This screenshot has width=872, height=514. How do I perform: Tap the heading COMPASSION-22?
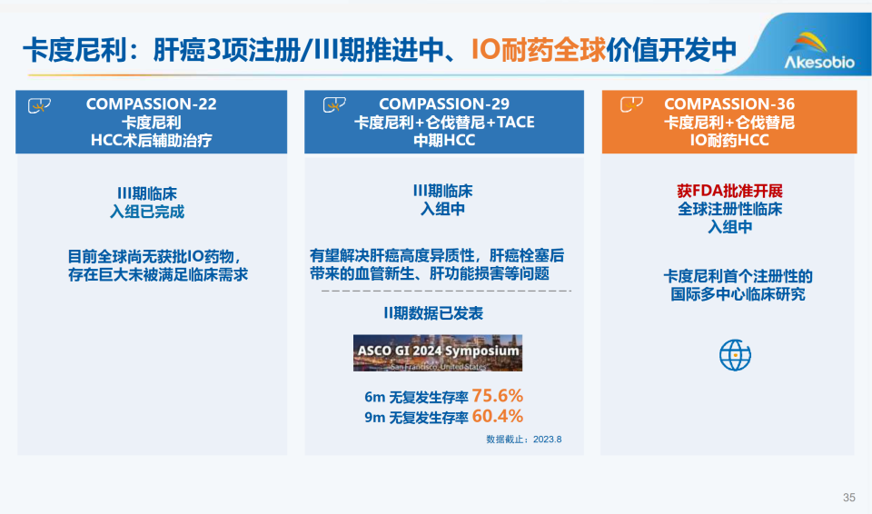[152, 104]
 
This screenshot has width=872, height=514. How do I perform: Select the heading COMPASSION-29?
[444, 104]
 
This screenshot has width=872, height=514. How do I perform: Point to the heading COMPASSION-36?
[729, 104]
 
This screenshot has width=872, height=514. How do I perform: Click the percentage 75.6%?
[497, 397]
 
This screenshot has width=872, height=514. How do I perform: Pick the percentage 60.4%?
[497, 418]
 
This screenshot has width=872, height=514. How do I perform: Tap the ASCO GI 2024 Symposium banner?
[438, 352]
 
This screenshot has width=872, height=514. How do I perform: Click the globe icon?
[735, 354]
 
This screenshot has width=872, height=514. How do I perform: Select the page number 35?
[849, 497]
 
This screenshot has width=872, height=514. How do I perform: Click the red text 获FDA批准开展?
[729, 191]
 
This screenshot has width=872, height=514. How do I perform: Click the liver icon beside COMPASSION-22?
[38, 105]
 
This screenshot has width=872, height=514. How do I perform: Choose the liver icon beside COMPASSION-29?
[333, 105]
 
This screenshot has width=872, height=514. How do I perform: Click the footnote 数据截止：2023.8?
[524, 439]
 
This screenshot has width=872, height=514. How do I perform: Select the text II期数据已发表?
[444, 313]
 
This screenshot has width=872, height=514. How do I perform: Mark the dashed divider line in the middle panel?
[444, 292]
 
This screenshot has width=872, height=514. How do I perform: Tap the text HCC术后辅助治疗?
[152, 140]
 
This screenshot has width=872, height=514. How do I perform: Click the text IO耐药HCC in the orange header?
[729, 140]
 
